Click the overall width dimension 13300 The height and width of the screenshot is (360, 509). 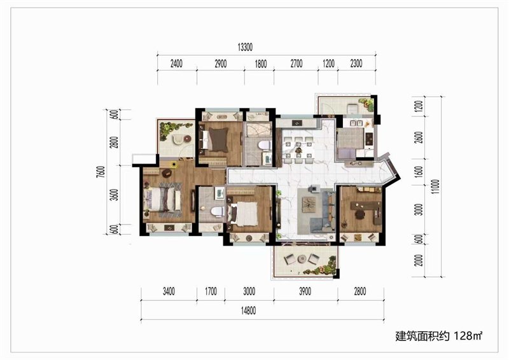245,48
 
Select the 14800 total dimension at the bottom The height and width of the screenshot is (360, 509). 248,311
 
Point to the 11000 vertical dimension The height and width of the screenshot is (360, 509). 436,186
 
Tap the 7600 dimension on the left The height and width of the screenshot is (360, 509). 101,172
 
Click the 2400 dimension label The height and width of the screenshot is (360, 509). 177,64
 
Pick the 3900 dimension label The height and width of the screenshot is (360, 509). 305,291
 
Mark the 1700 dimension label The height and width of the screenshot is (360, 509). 211,291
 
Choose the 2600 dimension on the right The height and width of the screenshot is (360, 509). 419,137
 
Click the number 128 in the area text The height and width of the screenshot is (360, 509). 463,336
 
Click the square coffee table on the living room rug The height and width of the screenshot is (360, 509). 309,204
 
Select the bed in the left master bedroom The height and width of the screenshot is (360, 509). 163,200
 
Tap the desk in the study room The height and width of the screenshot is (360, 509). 366,206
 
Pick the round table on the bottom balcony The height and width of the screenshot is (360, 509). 302,259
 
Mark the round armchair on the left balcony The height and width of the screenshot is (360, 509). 178,139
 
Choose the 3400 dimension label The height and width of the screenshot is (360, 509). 169,291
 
